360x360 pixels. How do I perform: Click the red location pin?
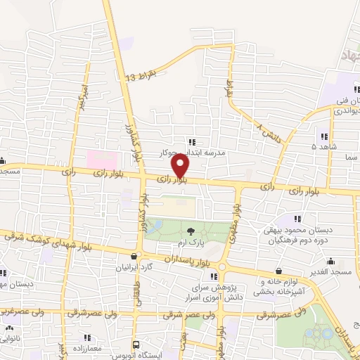181,166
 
